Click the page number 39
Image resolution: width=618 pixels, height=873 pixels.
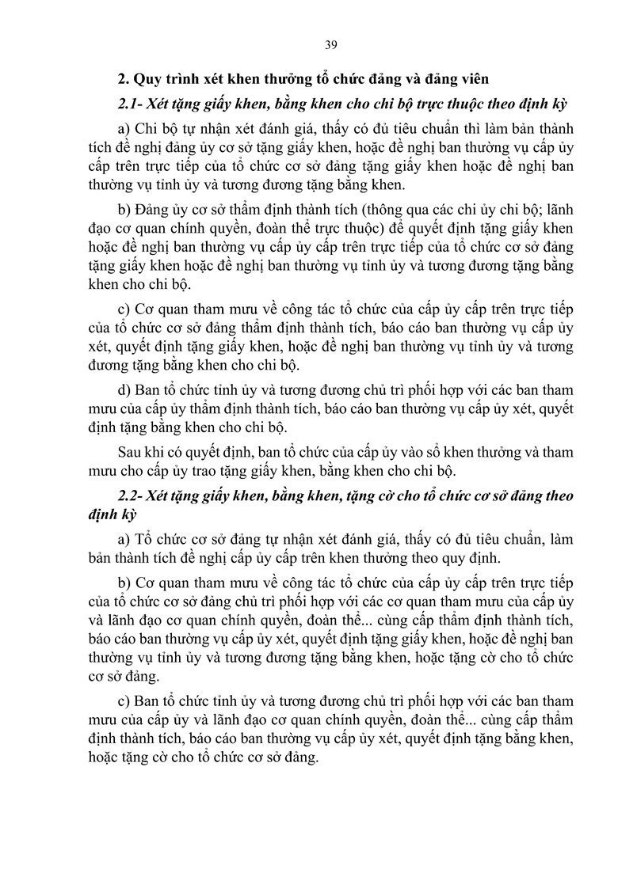pyautogui.click(x=331, y=44)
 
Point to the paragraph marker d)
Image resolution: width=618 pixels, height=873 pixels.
pyautogui.click(x=123, y=390)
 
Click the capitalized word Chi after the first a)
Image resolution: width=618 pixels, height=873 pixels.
pyautogui.click(x=147, y=130)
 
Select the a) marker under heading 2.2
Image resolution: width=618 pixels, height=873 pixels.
pyautogui.click(x=123, y=541)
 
